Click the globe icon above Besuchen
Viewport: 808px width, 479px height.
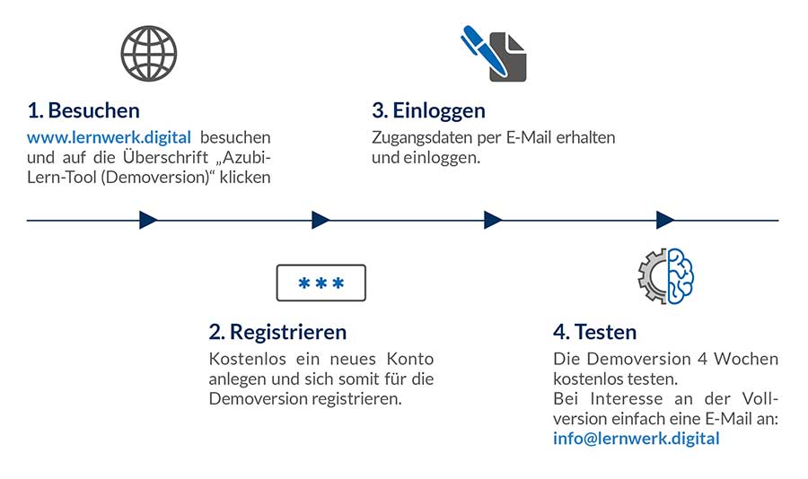(149, 54)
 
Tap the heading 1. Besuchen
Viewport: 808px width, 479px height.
(83, 110)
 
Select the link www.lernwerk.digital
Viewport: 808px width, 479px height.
(110, 137)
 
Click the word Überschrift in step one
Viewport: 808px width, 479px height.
(165, 157)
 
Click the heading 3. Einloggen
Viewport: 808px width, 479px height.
(429, 110)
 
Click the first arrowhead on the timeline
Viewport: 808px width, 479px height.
(148, 220)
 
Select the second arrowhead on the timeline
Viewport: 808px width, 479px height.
(321, 220)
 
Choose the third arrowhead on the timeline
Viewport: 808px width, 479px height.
(493, 220)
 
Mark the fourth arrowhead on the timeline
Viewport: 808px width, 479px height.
(665, 220)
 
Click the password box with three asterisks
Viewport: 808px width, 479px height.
(321, 283)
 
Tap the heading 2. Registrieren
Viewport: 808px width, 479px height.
(277, 332)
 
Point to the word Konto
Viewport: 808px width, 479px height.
(410, 359)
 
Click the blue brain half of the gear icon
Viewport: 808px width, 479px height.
(681, 276)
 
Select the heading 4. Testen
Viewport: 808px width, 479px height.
(594, 332)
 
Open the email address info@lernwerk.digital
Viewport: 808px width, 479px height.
(637, 439)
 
